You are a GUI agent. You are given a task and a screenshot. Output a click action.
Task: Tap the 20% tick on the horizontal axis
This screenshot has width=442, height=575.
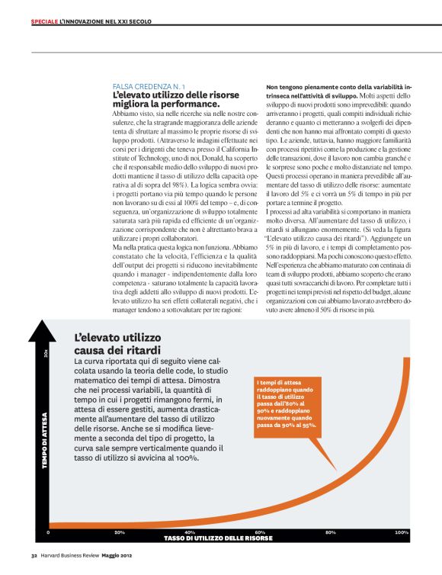[120, 532]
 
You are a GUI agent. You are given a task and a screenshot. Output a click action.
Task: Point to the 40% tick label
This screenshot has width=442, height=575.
[190, 532]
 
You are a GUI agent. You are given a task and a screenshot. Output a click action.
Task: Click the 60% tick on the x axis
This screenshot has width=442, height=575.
[260, 532]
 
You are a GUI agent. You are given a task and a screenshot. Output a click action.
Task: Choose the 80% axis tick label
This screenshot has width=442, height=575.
[330, 532]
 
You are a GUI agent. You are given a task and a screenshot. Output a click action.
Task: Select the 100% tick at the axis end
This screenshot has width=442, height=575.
[402, 532]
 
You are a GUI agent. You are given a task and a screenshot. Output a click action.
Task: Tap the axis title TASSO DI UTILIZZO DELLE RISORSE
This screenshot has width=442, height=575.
[218, 538]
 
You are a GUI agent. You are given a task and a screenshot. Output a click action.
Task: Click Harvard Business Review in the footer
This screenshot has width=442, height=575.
[75, 555]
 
